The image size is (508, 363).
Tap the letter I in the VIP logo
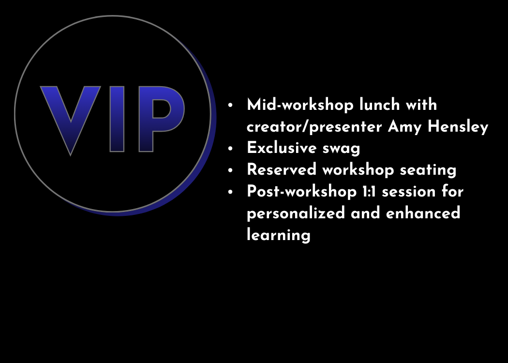click(x=117, y=119)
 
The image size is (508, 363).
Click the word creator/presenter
click(x=314, y=127)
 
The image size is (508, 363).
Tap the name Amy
click(x=404, y=127)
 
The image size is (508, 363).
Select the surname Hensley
click(x=458, y=127)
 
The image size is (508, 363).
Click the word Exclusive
click(x=282, y=148)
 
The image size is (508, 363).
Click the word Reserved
click(x=282, y=170)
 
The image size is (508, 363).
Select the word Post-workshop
click(x=301, y=192)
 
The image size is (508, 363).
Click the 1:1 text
click(x=369, y=192)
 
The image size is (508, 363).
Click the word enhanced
click(x=423, y=213)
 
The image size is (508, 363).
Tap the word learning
click(x=279, y=235)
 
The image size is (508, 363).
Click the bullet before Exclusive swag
click(x=230, y=149)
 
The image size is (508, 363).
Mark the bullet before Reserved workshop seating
click(x=230, y=170)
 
